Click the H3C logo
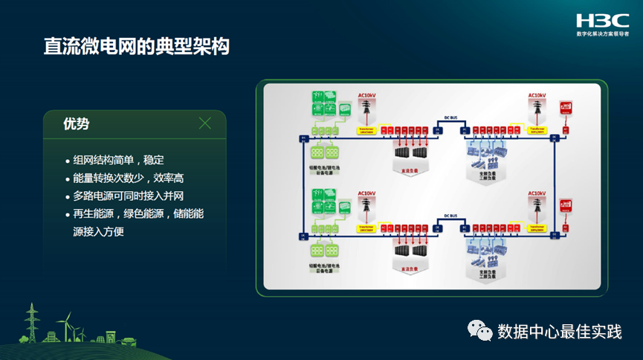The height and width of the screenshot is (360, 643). coord(602,20)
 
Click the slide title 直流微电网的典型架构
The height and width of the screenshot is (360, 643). coord(136,46)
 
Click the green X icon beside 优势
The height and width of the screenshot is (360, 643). coord(205,123)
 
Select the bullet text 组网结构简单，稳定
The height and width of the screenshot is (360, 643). coord(118,160)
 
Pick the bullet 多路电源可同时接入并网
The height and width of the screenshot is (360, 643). coord(129,196)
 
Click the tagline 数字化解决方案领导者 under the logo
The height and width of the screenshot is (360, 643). coord(602,34)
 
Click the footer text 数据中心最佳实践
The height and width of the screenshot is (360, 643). coord(560,330)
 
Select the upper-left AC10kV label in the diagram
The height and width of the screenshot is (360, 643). coord(368,95)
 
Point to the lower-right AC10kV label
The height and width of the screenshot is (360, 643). coord(537,193)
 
